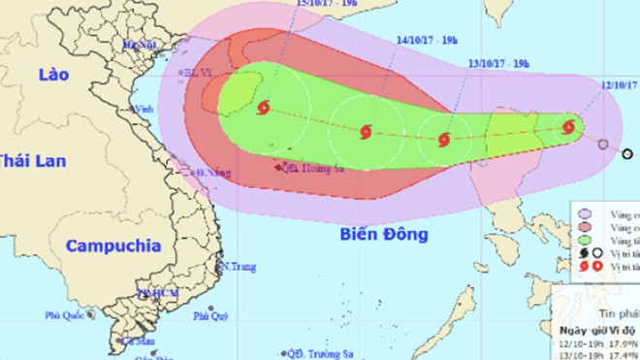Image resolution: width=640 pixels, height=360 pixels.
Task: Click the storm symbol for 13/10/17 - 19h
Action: (x=444, y=140)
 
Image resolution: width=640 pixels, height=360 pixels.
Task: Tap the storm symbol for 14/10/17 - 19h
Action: (x=366, y=131)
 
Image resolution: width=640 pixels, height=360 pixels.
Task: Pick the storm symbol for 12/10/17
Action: (x=568, y=126)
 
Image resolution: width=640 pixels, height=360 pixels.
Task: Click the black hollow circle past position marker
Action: (x=626, y=153)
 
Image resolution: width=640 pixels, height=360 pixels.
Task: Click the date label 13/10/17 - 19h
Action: (x=497, y=62)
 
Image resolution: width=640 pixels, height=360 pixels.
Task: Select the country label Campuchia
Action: (x=112, y=246)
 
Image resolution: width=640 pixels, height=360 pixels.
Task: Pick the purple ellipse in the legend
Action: (x=585, y=214)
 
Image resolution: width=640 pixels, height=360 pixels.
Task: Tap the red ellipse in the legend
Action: (x=585, y=227)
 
